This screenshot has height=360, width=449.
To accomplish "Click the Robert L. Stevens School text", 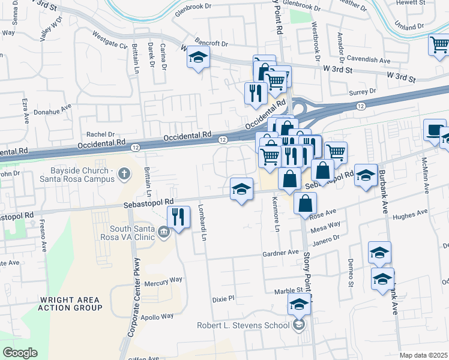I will click(243, 326).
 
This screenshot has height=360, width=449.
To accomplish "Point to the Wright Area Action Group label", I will click(70, 304).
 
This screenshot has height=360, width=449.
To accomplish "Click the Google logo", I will click(20, 353).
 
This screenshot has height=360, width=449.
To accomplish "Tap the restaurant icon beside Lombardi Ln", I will click(178, 217).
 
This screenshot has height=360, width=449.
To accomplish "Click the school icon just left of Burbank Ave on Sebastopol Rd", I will click(366, 175).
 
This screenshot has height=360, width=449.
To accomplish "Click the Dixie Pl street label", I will click(222, 298).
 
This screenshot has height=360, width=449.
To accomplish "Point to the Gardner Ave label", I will click(280, 253).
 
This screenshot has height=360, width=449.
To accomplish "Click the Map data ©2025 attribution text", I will click(423, 355).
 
